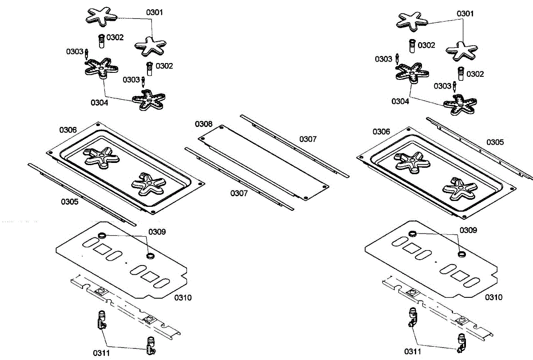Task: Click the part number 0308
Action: pyautogui.click(x=203, y=124)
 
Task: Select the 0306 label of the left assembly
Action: pyautogui.click(x=68, y=130)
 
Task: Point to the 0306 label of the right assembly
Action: pyautogui.click(x=382, y=132)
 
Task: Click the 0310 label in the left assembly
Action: pyautogui.click(x=183, y=297)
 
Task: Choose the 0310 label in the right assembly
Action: pyautogui.click(x=493, y=297)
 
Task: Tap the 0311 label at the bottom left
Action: pyautogui.click(x=102, y=353)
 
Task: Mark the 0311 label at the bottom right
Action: pyautogui.click(x=413, y=352)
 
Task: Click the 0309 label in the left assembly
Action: pyautogui.click(x=157, y=232)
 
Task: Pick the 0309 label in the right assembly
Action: pyautogui.click(x=468, y=230)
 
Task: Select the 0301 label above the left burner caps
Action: pyautogui.click(x=155, y=12)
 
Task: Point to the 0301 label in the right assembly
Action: pyautogui.click(x=465, y=14)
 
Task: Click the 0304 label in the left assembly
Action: pyautogui.click(x=100, y=103)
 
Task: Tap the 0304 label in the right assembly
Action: pyautogui.click(x=400, y=101)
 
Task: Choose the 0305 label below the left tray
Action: pyautogui.click(x=70, y=202)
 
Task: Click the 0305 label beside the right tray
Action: pyautogui.click(x=495, y=142)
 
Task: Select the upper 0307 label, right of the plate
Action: pyautogui.click(x=308, y=139)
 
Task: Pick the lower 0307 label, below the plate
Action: pyautogui.click(x=239, y=193)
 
